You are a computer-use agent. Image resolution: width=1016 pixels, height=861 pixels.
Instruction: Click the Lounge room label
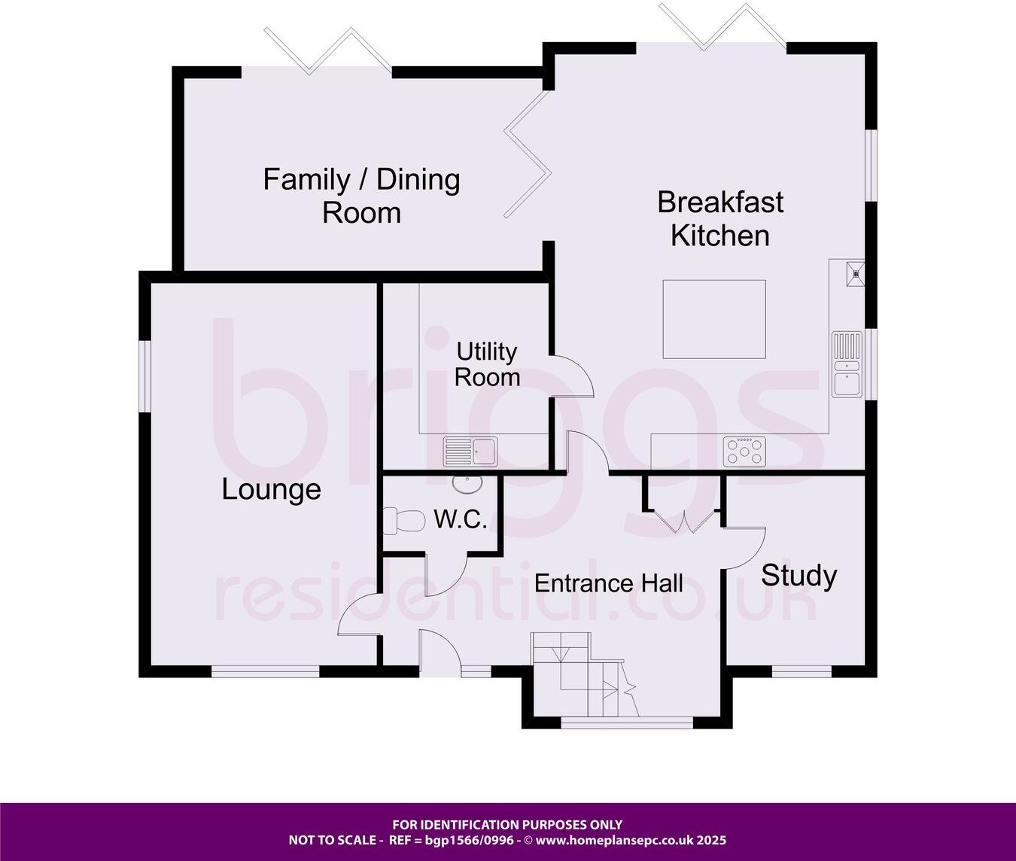[x=271, y=489]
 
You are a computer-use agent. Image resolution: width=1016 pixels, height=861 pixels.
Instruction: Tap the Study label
[x=799, y=575]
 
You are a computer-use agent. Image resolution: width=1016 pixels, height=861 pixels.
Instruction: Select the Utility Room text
[x=487, y=364]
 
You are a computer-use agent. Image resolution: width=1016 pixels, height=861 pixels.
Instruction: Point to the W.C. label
[x=461, y=519]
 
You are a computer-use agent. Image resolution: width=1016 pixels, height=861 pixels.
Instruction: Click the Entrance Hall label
[x=609, y=583]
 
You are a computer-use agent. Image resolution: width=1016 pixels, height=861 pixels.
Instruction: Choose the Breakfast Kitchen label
[x=720, y=218]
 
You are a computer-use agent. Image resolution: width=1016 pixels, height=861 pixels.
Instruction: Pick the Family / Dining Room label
[x=361, y=196]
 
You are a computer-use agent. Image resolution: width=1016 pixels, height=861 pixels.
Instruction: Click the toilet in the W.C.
[x=403, y=520]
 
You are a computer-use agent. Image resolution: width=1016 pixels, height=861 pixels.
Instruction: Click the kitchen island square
[x=714, y=319]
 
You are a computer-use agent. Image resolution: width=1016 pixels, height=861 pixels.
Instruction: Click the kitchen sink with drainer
[x=847, y=364]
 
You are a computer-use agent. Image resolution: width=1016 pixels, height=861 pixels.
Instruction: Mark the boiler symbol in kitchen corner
[x=855, y=270]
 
